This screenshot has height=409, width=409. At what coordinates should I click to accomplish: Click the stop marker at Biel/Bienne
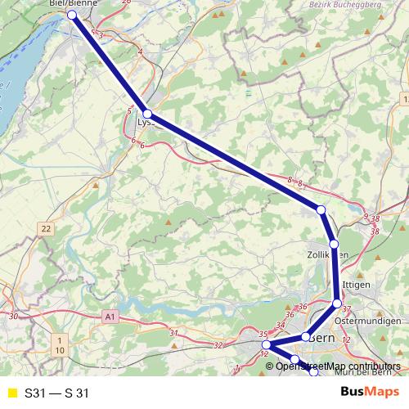(x=72, y=15)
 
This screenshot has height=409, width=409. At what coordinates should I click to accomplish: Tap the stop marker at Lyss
(x=148, y=114)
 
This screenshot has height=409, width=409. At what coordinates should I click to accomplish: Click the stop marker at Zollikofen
(x=334, y=244)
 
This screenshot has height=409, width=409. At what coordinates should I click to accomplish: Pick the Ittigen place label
(x=357, y=284)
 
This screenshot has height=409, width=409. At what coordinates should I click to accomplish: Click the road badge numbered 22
(x=46, y=228)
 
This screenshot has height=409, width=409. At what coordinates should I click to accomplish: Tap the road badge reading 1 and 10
(x=61, y=344)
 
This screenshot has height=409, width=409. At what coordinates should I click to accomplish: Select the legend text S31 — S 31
(x=56, y=393)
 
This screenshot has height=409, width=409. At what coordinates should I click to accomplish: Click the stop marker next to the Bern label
(x=305, y=337)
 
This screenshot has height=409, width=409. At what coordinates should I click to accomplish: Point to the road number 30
(x=12, y=315)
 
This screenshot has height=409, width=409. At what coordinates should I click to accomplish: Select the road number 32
(x=218, y=345)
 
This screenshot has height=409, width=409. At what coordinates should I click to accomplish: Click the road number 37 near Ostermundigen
(x=347, y=309)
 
